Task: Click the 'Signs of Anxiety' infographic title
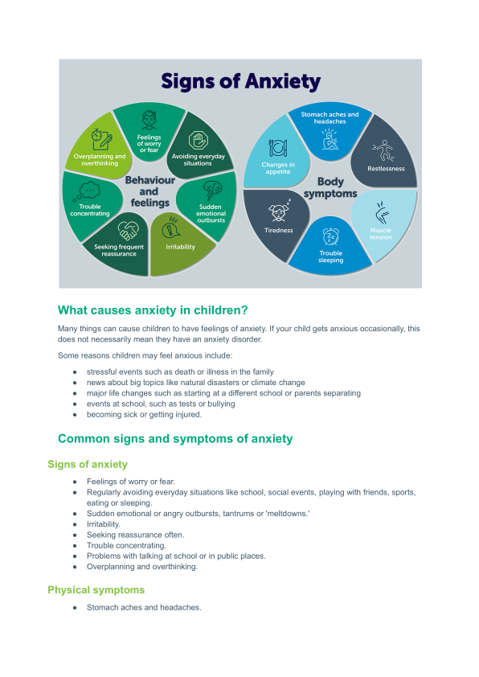pyautogui.click(x=241, y=81)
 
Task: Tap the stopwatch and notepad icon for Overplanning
pyautogui.click(x=102, y=139)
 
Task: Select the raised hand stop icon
pyautogui.click(x=198, y=141)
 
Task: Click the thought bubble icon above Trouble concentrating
pyautogui.click(x=87, y=191)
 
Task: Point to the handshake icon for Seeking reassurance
pyautogui.click(x=128, y=231)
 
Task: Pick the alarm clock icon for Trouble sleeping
pyautogui.click(x=331, y=237)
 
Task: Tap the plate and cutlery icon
pyautogui.click(x=278, y=148)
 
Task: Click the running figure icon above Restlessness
pyautogui.click(x=383, y=150)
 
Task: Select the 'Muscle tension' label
pyautogui.click(x=381, y=234)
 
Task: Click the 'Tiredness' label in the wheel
pyautogui.click(x=279, y=231)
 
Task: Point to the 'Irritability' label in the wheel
pyautogui.click(x=180, y=247)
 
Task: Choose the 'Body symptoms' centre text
pyautogui.click(x=330, y=187)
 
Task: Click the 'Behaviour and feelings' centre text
pyautogui.click(x=150, y=191)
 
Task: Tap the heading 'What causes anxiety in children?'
pyautogui.click(x=153, y=310)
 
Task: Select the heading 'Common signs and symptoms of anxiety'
pyautogui.click(x=175, y=439)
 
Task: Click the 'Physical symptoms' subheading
pyautogui.click(x=96, y=590)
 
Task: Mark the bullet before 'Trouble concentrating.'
pyautogui.click(x=75, y=546)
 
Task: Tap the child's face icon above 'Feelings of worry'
pyautogui.click(x=149, y=121)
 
